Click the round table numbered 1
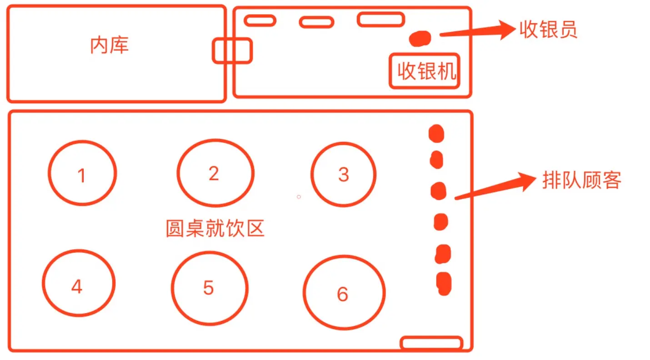click(x=82, y=173)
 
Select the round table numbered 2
click(x=215, y=173)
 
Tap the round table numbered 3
click(x=344, y=174)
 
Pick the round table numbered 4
click(x=78, y=283)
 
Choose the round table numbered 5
click(x=210, y=287)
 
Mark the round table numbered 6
click(x=344, y=292)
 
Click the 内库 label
click(x=110, y=45)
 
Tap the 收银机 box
click(x=425, y=71)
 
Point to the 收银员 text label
click(x=548, y=30)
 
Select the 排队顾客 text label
click(x=582, y=181)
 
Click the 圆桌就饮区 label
click(x=215, y=229)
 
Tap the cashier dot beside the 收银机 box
click(x=420, y=38)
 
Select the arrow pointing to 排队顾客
click(x=495, y=186)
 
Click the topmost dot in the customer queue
click(x=436, y=133)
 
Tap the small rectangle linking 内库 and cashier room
click(x=232, y=50)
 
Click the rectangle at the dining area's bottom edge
click(x=431, y=343)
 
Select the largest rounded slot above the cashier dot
click(x=380, y=19)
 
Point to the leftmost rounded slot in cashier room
click(x=260, y=20)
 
